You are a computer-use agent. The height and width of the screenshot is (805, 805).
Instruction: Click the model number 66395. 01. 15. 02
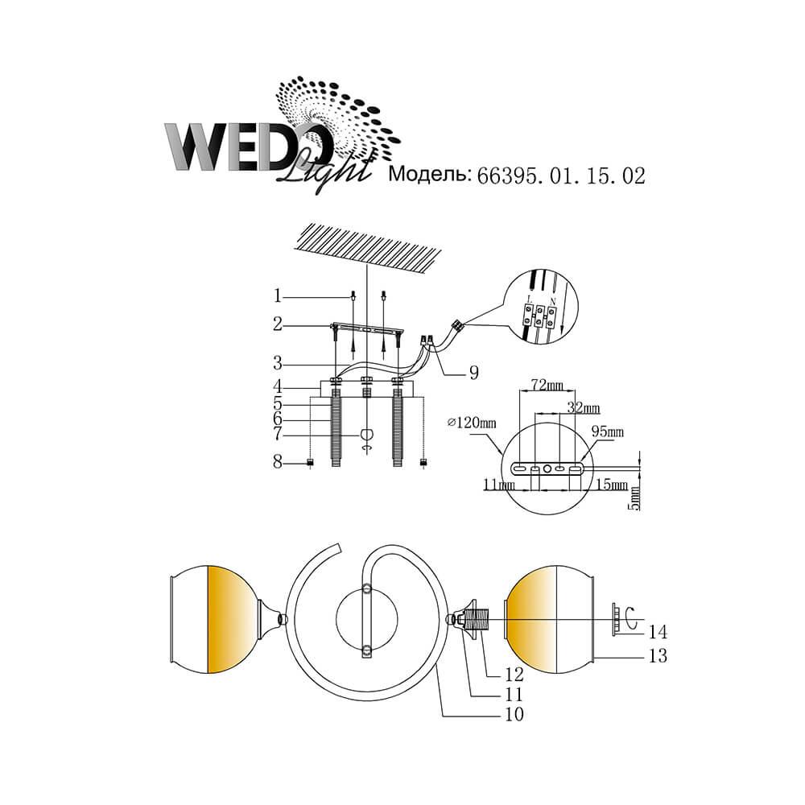[561, 176]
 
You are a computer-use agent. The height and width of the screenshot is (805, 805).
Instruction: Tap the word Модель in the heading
[429, 175]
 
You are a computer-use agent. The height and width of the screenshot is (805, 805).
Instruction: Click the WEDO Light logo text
[267, 153]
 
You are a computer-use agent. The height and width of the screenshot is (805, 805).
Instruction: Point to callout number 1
[278, 296]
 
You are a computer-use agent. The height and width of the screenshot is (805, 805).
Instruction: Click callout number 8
[278, 462]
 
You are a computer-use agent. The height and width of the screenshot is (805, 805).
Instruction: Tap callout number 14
[657, 631]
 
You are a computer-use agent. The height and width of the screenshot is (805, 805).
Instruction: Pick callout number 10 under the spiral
[514, 714]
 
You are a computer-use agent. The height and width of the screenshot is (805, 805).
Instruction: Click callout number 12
[514, 674]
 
